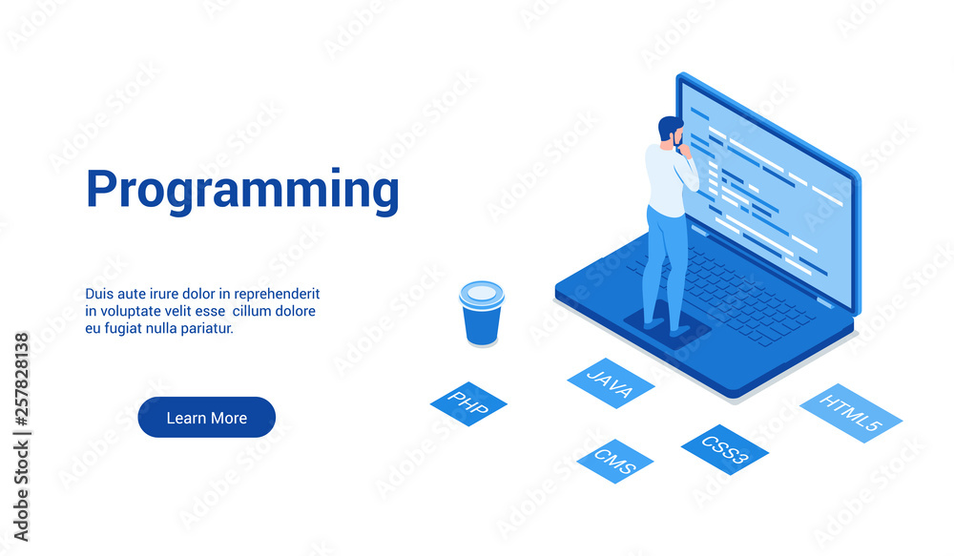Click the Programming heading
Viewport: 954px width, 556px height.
[x=242, y=191]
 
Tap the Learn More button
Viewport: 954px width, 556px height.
[x=207, y=418]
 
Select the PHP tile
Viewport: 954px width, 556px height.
[x=468, y=403]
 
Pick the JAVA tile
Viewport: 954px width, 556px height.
[x=611, y=382]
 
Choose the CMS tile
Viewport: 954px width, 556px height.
[x=615, y=461]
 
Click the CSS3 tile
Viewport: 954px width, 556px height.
[x=725, y=449]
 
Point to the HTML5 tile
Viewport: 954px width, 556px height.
[x=851, y=413]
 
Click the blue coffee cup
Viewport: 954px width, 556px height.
[x=482, y=313]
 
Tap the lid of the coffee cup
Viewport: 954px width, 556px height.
[x=482, y=295]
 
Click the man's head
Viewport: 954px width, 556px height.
[x=671, y=132]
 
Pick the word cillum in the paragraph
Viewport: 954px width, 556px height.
[x=253, y=311]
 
